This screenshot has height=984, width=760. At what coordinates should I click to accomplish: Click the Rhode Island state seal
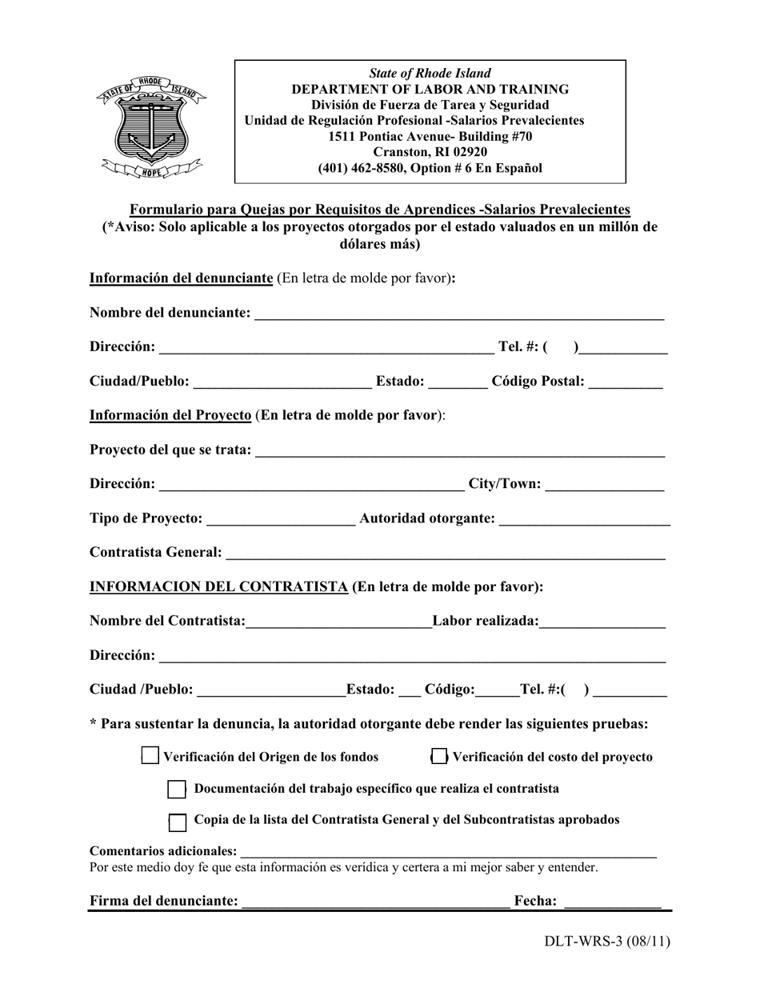(151, 125)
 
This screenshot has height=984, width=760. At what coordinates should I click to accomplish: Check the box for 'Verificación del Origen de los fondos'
(150, 756)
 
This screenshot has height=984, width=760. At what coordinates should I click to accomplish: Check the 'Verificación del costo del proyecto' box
(439, 756)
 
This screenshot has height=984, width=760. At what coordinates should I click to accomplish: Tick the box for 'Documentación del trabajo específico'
(177, 789)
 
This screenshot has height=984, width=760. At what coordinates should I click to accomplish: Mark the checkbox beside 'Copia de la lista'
(178, 822)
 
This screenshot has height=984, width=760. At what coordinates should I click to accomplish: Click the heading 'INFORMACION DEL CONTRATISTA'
(218, 586)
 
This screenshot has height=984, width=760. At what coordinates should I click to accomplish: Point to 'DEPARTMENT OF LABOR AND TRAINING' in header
(430, 90)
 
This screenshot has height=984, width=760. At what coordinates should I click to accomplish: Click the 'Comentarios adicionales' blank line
(448, 854)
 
